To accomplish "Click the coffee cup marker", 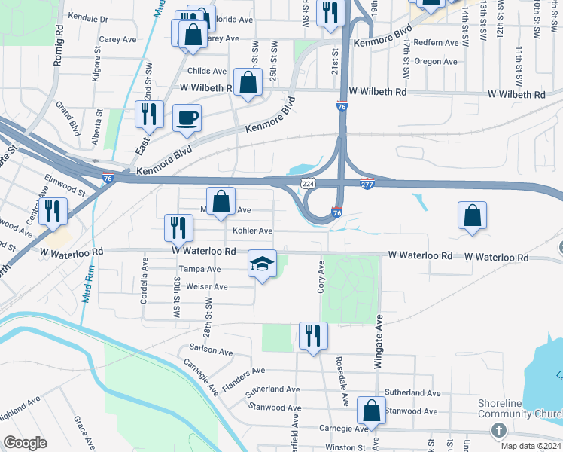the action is (x=187, y=118).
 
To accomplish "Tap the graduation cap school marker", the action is (x=262, y=264).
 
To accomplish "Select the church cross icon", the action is (x=498, y=429).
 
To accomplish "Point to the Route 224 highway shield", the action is (x=308, y=183).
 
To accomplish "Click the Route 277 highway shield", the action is (x=367, y=184).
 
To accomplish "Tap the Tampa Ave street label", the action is (x=199, y=269).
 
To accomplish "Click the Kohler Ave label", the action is (x=252, y=231).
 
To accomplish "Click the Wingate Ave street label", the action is (x=379, y=341).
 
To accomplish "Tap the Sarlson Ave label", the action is (x=212, y=350).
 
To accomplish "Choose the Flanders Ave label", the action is (x=244, y=371).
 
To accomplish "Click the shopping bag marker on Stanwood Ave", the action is (x=370, y=411).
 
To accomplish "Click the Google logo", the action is (x=25, y=443).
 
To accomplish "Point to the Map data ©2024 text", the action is (x=531, y=446).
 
